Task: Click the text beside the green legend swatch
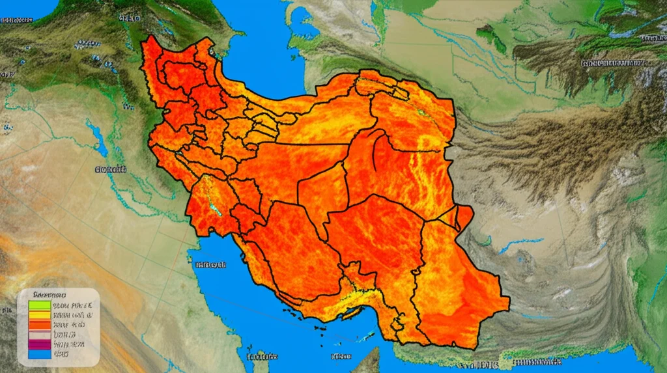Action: pos(73,303)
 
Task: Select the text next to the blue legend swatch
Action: pos(61,355)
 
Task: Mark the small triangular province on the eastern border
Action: pos(464,216)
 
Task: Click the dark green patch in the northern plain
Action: pos(489,36)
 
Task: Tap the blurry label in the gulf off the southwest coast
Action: pos(210,265)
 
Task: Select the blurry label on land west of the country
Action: pos(111,169)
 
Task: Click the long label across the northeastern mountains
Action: pos(613,64)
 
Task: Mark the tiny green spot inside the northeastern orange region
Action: pos(420,112)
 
